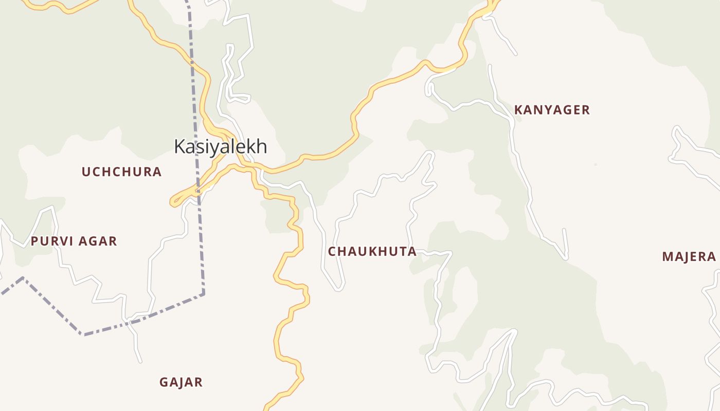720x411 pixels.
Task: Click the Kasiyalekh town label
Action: (x=220, y=146)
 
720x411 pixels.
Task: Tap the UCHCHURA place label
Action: (x=122, y=172)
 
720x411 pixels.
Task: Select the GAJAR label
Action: (x=181, y=382)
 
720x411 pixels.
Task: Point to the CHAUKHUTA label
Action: (x=372, y=252)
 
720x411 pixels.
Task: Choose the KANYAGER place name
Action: (x=552, y=110)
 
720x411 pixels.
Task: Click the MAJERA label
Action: (x=689, y=257)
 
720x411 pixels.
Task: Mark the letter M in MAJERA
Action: (x=668, y=257)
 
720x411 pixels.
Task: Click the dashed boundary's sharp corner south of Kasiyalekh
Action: (x=204, y=294)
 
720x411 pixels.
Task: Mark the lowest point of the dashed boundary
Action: (x=82, y=334)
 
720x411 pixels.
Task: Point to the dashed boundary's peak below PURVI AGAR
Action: (x=23, y=278)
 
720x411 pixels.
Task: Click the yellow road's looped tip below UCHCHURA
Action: (x=173, y=203)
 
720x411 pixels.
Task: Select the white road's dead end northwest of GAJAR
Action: (x=140, y=362)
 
